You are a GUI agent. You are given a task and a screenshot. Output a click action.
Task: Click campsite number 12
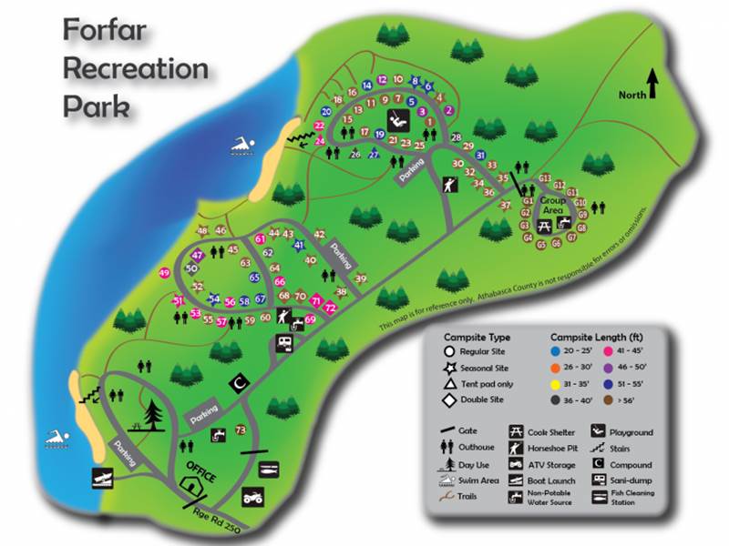(382, 79)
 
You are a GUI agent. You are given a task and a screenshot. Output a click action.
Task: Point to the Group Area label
(553, 204)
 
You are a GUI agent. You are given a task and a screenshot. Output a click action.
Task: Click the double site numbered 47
(198, 256)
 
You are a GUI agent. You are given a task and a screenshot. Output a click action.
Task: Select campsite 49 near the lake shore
(164, 273)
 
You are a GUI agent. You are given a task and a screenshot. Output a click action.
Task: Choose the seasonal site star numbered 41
(299, 245)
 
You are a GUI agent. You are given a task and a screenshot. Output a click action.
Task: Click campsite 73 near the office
(241, 430)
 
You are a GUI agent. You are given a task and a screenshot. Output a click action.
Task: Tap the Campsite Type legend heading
(477, 334)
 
